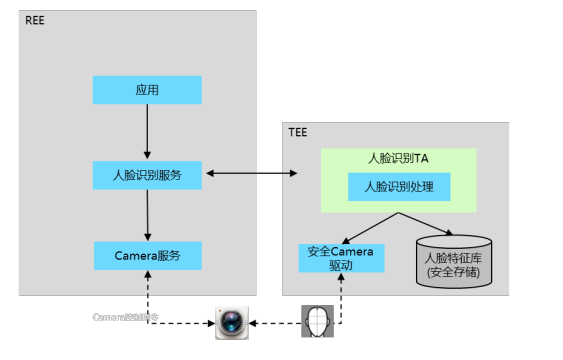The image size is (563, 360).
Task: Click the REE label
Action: (x=34, y=20)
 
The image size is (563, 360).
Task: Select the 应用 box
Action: (x=147, y=90)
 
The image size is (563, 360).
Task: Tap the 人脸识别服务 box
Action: (x=147, y=174)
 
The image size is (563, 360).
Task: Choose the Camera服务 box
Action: (x=147, y=255)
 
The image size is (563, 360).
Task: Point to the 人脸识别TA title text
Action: (x=398, y=158)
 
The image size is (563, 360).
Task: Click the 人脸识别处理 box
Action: (x=398, y=186)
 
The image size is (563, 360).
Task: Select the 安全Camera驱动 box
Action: (x=341, y=258)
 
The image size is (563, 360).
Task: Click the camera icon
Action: (x=231, y=323)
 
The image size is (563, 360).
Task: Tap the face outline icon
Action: (x=320, y=322)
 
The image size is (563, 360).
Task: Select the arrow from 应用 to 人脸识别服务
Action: (x=147, y=131)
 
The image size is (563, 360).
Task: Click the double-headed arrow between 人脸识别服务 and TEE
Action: (x=250, y=174)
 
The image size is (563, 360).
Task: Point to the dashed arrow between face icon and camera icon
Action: (x=275, y=323)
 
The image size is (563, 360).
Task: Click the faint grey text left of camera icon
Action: (x=125, y=316)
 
